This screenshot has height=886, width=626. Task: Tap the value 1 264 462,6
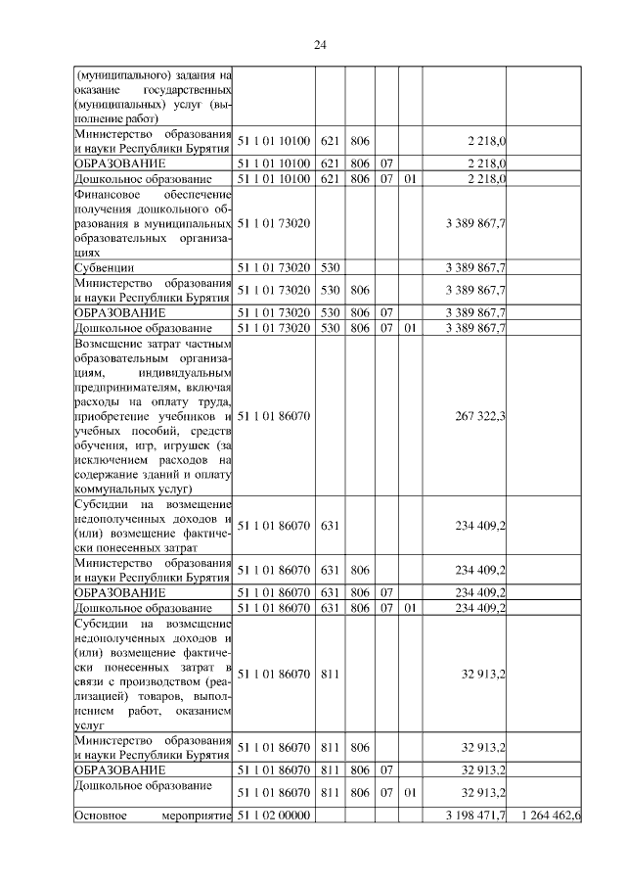coord(552,815)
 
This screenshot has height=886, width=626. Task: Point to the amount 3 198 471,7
coord(474,815)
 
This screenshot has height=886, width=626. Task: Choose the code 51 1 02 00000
coord(274,815)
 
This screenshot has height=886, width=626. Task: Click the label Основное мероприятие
coord(152,815)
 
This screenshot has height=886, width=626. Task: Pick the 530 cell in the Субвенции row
coord(331,267)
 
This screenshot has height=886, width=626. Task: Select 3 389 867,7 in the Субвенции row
coord(474,267)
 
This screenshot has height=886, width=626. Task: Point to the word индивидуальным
coord(184,373)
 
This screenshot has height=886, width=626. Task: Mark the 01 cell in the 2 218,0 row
coord(410,179)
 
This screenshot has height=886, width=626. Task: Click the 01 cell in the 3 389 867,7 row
coord(410,328)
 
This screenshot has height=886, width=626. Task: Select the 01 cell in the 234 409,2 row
coord(410,608)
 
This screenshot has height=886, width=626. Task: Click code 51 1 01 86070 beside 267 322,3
coord(274,417)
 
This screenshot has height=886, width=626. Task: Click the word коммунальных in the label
coord(112,488)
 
